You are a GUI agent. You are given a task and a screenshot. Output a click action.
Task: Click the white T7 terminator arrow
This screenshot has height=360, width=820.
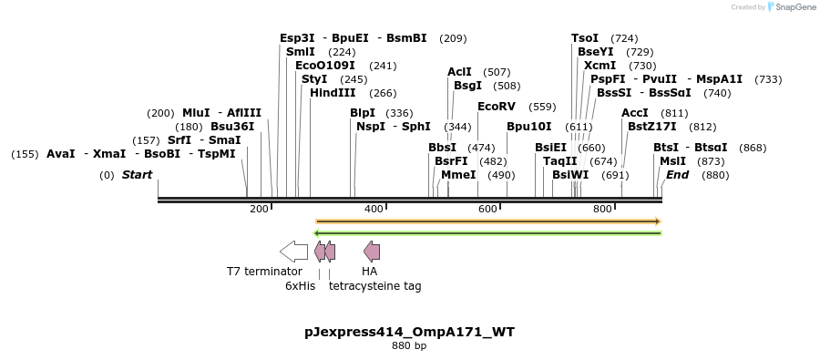pyautogui.click(x=293, y=252)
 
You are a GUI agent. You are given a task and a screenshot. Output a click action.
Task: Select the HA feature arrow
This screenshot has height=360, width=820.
pyautogui.click(x=372, y=252)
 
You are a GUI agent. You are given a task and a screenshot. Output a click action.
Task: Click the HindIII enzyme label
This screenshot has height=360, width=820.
pyautogui.click(x=333, y=93)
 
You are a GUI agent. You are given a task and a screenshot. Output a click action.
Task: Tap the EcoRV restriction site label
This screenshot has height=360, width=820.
pyautogui.click(x=496, y=107)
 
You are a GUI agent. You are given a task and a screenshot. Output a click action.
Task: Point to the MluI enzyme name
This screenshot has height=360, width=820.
pyautogui.click(x=196, y=113)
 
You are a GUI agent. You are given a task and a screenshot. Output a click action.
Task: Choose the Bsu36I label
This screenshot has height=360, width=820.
pyautogui.click(x=232, y=127)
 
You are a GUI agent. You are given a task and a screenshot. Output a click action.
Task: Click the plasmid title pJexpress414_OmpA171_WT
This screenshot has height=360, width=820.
pyautogui.click(x=409, y=332)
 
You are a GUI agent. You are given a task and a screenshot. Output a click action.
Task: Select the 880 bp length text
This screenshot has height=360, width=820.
pyautogui.click(x=409, y=346)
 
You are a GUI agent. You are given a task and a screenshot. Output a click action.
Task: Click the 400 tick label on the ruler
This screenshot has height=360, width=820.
pyautogui.click(x=374, y=210)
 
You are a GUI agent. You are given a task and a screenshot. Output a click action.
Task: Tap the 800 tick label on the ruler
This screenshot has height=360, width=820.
pyautogui.click(x=602, y=210)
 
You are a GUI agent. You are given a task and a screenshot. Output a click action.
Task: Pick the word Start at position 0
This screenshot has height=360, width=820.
pyautogui.click(x=138, y=175)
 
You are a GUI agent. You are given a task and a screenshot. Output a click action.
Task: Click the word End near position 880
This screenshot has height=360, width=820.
pyautogui.click(x=677, y=175)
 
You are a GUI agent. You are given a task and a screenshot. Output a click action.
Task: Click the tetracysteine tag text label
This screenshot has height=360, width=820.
pyautogui.click(x=374, y=286)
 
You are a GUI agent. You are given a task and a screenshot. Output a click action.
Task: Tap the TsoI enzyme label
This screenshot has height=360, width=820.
pyautogui.click(x=585, y=38)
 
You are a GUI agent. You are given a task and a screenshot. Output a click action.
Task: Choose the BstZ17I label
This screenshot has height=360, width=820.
pyautogui.click(x=653, y=127)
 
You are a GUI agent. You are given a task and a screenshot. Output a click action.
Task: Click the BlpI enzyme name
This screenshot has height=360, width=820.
pyautogui.click(x=362, y=113)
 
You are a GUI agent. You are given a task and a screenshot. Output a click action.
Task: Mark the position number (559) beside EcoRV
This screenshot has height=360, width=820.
pyautogui.click(x=542, y=107)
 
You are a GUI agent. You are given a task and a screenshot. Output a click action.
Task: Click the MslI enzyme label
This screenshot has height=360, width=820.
pyautogui.click(x=672, y=161)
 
